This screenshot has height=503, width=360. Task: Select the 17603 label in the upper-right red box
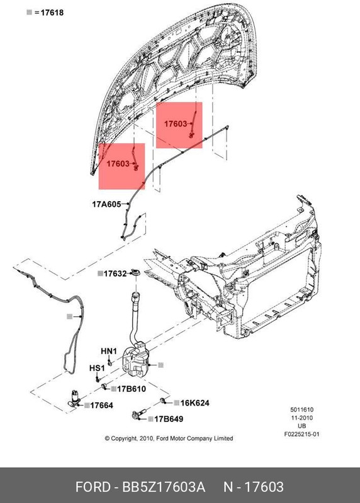pyautogui.click(x=176, y=124)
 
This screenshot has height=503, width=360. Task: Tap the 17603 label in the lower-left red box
pyautogui.click(x=118, y=164)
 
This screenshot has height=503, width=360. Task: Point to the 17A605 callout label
pyautogui.click(x=107, y=204)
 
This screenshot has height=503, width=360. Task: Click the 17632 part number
pyautogui.click(x=115, y=274)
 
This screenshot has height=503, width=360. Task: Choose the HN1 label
pyautogui.click(x=109, y=351)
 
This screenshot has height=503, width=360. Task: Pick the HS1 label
pyautogui.click(x=96, y=368)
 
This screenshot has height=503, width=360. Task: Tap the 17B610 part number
pyautogui.click(x=131, y=389)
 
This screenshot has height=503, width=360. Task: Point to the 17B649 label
pyautogui.click(x=168, y=419)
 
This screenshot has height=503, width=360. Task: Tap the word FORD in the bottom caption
pyautogui.click(x=93, y=487)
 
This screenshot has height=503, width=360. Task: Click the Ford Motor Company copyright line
pyautogui.click(x=169, y=438)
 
